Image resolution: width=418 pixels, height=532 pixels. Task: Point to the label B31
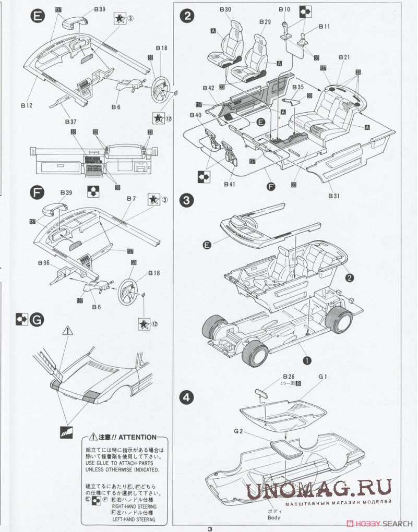point(334,196)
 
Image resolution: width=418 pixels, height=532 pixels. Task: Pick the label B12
point(27,105)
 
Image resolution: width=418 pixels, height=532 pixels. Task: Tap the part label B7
point(130,199)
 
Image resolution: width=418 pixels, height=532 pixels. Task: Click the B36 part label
point(44,263)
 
